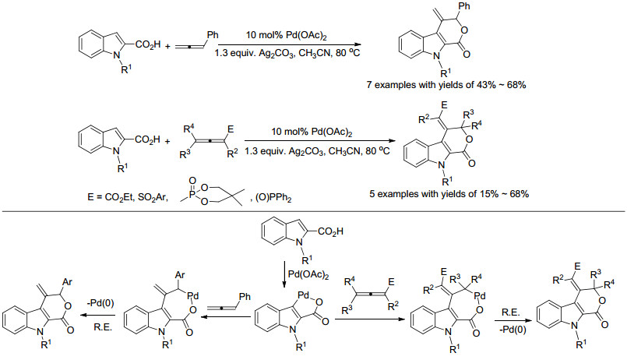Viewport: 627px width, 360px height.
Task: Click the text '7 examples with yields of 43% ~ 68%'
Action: pos(446,85)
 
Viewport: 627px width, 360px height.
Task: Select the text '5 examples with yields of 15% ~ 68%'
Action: pos(449,194)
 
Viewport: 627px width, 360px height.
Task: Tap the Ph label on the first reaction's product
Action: pos(464,6)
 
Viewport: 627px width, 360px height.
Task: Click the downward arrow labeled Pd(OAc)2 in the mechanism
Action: pos(284,275)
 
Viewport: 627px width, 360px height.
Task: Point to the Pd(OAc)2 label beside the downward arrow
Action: pos(308,275)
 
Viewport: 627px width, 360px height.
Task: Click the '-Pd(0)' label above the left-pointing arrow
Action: pos(100,303)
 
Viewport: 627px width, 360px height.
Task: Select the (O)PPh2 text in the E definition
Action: pos(273,198)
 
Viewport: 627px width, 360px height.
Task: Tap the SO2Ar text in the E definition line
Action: pos(153,197)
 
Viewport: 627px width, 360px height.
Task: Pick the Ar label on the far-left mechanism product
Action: pos(67,282)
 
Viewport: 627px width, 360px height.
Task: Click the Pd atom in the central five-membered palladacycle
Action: pos(304,295)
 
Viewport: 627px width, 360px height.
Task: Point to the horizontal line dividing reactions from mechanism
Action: pos(313,211)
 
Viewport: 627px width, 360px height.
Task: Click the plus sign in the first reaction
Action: pos(167,47)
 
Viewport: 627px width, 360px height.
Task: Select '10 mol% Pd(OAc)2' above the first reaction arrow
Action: pos(287,36)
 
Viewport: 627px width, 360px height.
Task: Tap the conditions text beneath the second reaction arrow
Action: pos(317,152)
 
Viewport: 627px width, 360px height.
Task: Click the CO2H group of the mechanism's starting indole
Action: pos(331,231)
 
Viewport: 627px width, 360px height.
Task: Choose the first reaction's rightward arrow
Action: pos(290,44)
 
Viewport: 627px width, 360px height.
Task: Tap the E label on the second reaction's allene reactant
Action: pos(231,129)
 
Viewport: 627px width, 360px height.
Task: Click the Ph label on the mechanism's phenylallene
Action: pos(245,296)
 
